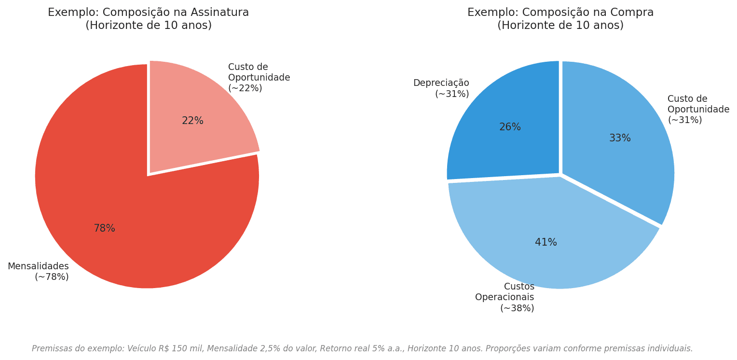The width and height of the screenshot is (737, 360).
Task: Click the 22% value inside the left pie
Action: [192, 121]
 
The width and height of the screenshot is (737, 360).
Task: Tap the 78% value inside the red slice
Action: [104, 229]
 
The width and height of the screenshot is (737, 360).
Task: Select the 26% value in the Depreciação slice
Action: [510, 127]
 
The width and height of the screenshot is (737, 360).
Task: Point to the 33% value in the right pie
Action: [620, 138]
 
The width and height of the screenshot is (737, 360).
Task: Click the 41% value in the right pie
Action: [546, 243]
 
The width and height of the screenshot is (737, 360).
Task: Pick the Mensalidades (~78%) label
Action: [39, 272]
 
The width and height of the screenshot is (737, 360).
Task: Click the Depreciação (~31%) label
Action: [441, 88]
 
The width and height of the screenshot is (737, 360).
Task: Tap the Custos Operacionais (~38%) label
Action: [505, 297]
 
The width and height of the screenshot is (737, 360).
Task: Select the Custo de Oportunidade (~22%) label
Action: [259, 78]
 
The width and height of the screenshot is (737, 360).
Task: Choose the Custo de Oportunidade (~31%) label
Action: [698, 110]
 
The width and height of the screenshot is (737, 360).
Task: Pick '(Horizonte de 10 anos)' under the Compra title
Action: [560, 26]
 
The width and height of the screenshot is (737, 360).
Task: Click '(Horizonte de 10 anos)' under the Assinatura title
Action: [149, 26]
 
